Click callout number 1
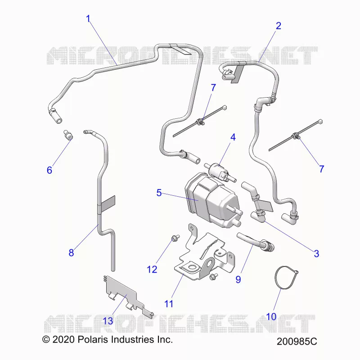88,19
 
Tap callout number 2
278,26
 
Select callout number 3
316,254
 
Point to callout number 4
233,137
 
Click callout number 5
159,193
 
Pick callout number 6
49,171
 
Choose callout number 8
71,253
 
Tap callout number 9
238,279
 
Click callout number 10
271,317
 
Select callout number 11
169,304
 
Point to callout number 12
152,270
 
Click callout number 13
108,321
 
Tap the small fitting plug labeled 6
68,135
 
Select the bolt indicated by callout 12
175,238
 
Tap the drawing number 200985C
297,342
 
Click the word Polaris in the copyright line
93,339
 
